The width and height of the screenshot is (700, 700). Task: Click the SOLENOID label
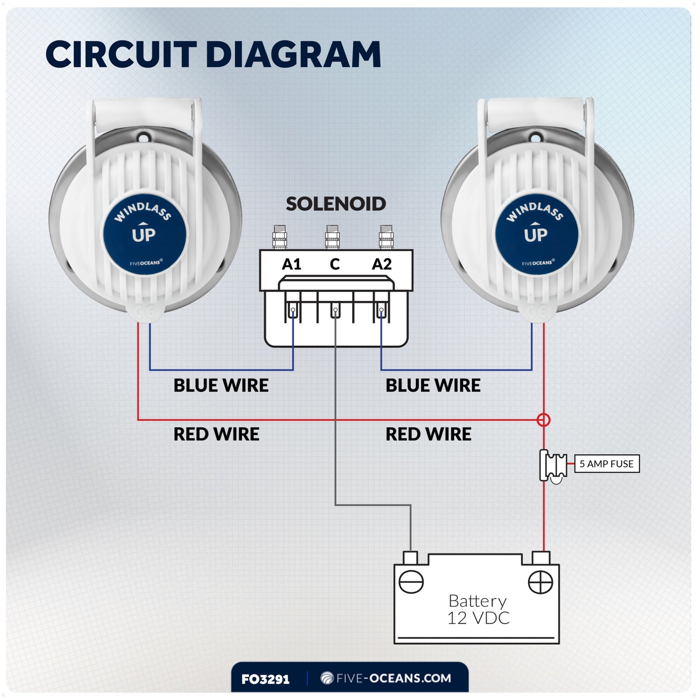336,204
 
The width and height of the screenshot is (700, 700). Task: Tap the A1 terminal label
292,264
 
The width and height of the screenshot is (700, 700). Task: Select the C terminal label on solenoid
335,264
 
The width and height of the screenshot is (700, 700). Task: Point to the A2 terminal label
382,264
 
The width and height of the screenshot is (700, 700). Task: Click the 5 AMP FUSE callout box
606,464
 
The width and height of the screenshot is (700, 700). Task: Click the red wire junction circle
543,420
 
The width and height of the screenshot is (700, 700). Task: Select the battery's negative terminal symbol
411,582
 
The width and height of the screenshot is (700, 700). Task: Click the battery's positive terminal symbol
540,582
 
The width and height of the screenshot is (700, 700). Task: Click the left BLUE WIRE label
221,386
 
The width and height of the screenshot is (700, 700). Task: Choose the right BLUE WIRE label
433,386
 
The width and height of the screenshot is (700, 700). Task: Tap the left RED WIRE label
216,434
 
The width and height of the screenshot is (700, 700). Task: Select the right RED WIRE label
428,434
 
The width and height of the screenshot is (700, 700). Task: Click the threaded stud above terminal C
332,237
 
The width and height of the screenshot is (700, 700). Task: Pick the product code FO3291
265,679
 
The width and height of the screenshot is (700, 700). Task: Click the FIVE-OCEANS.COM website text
393,678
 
